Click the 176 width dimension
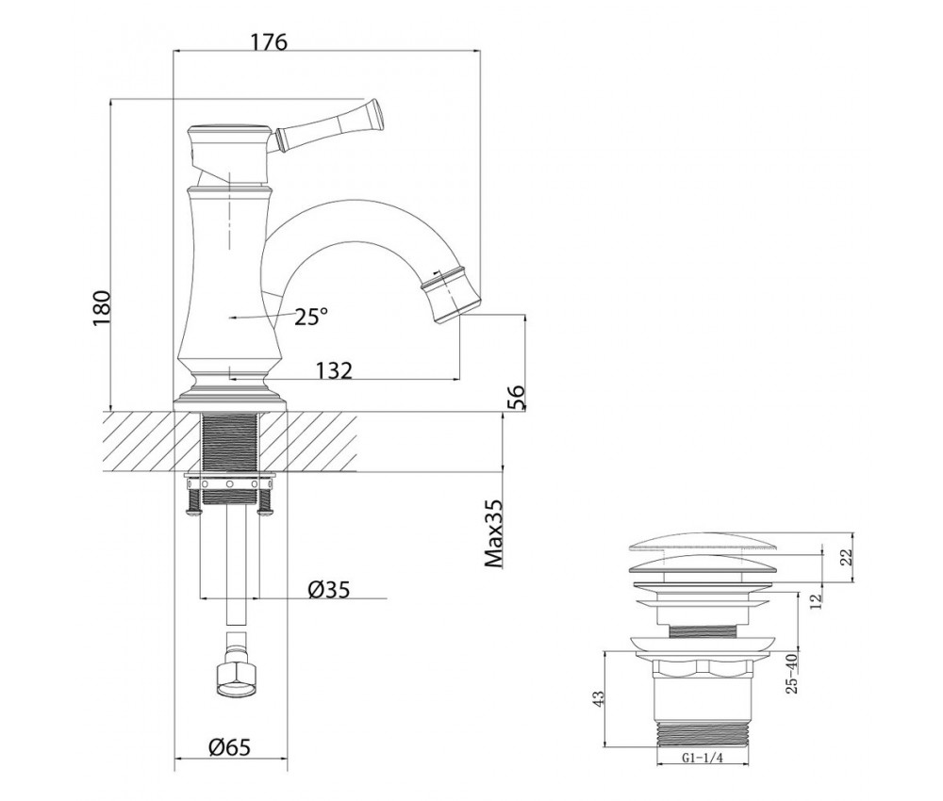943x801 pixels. point(269,42)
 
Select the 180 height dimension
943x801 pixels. point(102,308)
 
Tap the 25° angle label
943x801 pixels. point(311,316)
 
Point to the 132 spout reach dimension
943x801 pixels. point(334,370)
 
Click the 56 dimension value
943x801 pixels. point(516,397)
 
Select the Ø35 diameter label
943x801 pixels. point(328,589)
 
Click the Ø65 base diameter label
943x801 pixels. point(229,747)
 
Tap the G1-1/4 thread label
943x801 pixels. point(703,758)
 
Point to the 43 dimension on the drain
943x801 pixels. point(599,697)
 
